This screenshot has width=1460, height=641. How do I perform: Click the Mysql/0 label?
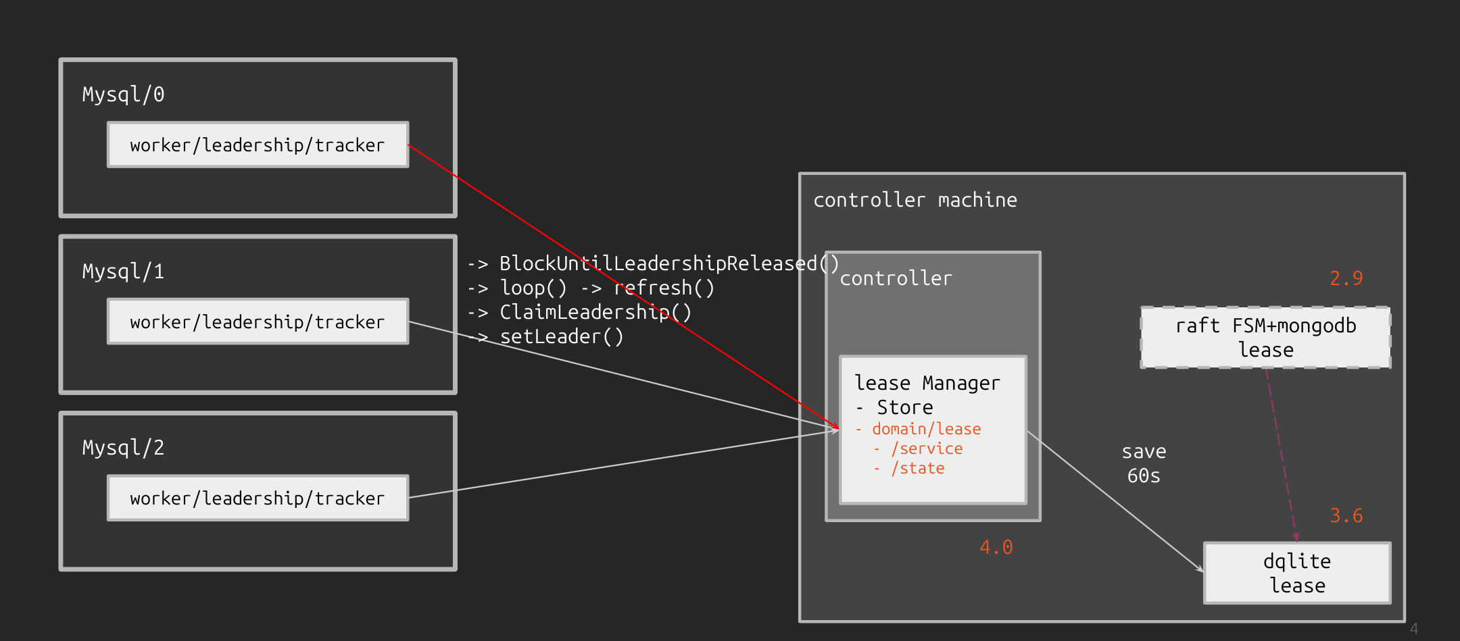click(123, 95)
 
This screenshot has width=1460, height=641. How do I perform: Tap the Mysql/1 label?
click(123, 272)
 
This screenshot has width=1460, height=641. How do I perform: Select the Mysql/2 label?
click(123, 448)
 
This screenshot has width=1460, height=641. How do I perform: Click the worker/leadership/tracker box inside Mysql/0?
click(258, 145)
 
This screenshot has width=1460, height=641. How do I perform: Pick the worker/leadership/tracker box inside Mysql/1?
click(258, 322)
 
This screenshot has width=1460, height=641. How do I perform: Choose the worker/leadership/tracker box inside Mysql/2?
click(258, 498)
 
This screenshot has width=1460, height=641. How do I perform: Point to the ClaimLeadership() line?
click(595, 312)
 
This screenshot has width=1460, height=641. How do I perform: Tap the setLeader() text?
click(561, 336)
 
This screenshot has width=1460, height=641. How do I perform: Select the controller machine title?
click(915, 200)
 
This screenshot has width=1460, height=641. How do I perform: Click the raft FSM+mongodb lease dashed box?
click(1265, 338)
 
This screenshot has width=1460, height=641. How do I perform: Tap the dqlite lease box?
click(1297, 573)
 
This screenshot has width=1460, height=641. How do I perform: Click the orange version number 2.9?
click(1346, 278)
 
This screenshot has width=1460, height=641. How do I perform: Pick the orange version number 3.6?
click(1346, 515)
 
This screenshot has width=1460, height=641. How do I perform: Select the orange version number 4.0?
click(996, 547)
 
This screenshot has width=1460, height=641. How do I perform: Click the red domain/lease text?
click(926, 429)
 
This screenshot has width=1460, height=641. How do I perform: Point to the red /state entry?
click(917, 468)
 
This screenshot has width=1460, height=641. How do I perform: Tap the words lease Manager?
click(927, 383)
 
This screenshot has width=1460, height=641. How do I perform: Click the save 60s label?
click(1144, 463)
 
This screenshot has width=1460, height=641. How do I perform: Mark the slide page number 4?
click(1413, 629)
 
